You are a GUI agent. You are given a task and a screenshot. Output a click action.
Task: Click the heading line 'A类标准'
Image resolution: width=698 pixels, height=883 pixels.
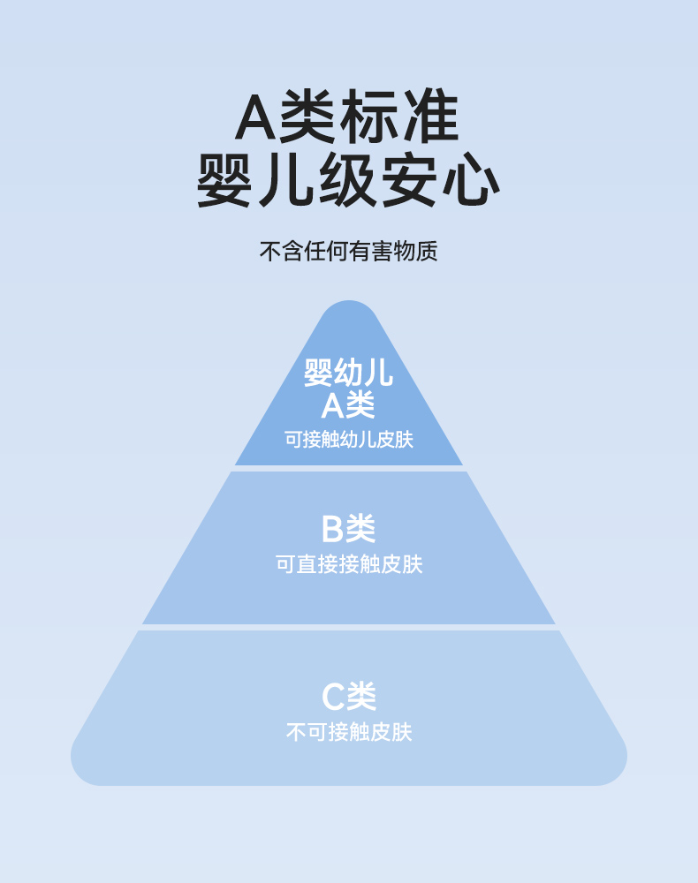[x=348, y=117]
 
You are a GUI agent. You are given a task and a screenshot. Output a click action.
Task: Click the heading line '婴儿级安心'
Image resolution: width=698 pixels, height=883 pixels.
[x=348, y=181]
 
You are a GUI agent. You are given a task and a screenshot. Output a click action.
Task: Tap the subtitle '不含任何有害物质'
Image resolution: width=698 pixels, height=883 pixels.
[x=348, y=252]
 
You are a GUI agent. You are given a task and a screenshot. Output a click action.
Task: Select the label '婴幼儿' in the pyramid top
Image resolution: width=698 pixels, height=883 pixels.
[x=348, y=373]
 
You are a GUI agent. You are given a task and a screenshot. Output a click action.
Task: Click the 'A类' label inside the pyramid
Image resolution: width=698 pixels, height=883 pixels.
[x=348, y=405]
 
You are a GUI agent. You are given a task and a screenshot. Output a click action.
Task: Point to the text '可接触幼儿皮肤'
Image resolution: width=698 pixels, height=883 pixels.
[x=348, y=439]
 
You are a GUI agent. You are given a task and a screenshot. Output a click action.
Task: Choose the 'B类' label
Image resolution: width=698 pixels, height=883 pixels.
[x=348, y=529]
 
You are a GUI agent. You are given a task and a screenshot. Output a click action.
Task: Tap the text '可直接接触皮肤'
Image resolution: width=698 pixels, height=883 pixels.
[x=348, y=564]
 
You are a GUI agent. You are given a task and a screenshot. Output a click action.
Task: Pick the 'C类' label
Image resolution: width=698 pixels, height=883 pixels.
[x=348, y=697]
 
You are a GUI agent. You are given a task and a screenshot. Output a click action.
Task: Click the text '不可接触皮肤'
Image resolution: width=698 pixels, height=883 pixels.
[x=348, y=732]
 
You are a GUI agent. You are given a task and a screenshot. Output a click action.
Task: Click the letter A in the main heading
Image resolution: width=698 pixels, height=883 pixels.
[x=256, y=118]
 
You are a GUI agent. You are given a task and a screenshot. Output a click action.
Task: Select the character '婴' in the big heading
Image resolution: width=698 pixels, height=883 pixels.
[x=226, y=181]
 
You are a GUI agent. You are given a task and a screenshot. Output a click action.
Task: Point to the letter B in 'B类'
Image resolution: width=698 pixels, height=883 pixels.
[x=332, y=530]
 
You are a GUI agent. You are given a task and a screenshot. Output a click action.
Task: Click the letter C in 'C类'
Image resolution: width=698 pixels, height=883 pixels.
[x=333, y=698]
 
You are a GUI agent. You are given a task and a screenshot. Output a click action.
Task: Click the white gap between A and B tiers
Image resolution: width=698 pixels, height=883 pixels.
[x=348, y=468]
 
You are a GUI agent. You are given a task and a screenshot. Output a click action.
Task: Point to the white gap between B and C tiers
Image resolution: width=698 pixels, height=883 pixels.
[x=348, y=627]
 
